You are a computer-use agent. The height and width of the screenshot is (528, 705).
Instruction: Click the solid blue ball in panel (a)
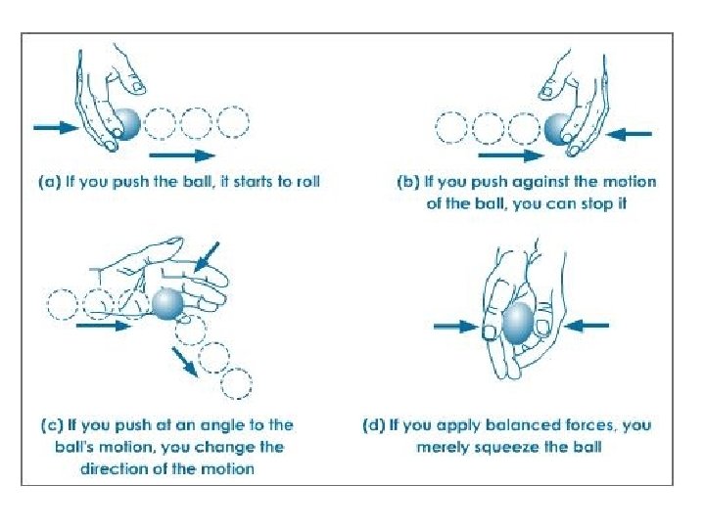[x=128, y=124]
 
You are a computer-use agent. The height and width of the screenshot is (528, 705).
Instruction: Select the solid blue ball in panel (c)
[x=166, y=304]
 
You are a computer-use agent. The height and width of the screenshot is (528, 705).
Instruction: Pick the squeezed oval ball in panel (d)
[x=518, y=323]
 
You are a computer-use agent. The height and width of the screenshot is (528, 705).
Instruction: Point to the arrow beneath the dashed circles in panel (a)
[x=183, y=154]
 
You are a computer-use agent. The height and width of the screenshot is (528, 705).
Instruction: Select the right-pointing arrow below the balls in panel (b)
[x=510, y=154]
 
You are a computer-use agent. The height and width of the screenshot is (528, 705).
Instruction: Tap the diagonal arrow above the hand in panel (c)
[x=209, y=256]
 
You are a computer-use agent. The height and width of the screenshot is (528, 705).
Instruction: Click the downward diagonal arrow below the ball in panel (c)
[x=183, y=360]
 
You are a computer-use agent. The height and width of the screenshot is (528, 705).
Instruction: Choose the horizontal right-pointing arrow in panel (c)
[x=103, y=327]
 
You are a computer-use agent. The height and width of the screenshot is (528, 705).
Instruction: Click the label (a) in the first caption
[x=50, y=182]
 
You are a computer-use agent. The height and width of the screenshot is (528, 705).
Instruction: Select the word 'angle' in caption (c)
[x=215, y=425]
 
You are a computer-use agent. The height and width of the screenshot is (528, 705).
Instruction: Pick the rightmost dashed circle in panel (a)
[x=233, y=123]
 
